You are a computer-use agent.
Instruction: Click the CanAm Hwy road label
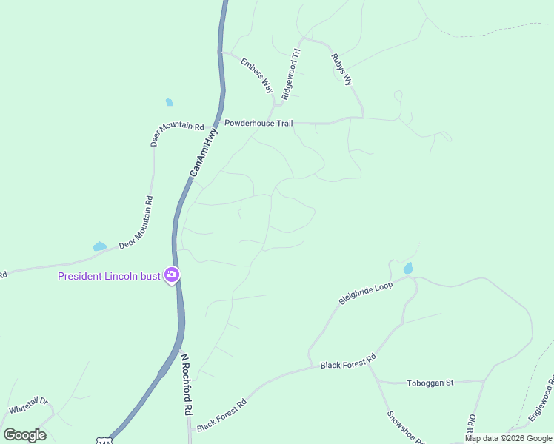click(x=204, y=152)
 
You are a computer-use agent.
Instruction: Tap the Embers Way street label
click(x=257, y=75)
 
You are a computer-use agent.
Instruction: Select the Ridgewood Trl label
click(x=290, y=74)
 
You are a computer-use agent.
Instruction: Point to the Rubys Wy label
click(x=341, y=69)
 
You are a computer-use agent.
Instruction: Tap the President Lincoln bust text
click(x=110, y=277)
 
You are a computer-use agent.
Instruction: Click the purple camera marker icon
click(x=172, y=275)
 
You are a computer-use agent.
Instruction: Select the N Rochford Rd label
click(x=187, y=383)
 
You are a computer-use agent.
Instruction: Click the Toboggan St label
click(x=430, y=383)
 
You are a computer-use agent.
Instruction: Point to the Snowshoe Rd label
click(x=404, y=427)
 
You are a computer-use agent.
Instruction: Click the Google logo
click(x=24, y=435)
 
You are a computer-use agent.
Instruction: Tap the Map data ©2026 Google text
click(x=509, y=438)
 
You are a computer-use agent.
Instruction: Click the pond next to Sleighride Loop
click(x=408, y=269)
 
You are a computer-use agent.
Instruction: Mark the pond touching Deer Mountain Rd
click(x=99, y=246)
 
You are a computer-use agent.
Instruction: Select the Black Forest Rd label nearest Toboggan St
click(x=348, y=362)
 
